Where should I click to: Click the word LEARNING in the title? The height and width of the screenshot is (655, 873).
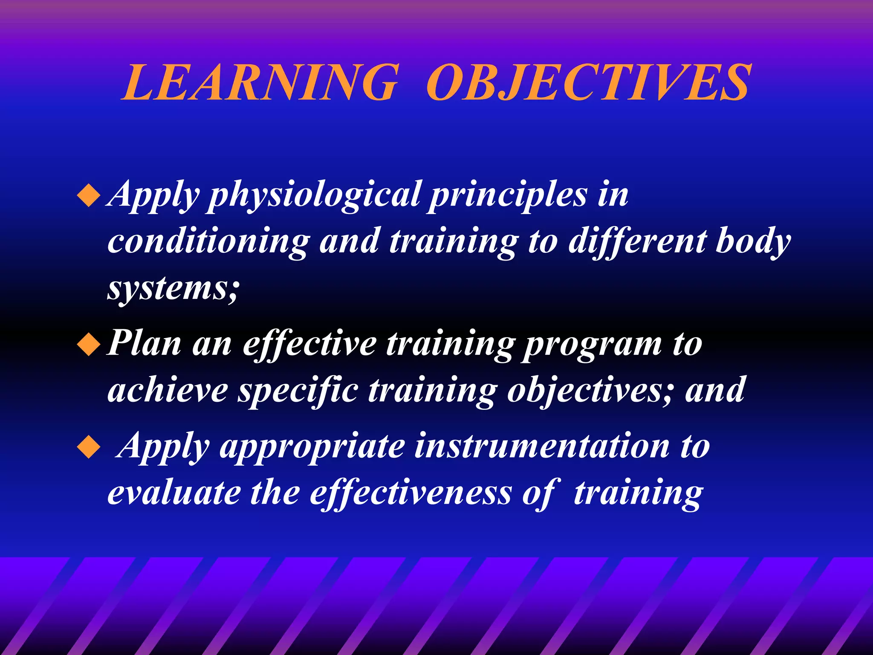[x=260, y=82]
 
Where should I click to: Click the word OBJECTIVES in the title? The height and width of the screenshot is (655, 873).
[x=588, y=82]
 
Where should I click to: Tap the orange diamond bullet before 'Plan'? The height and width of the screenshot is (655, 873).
[x=89, y=344]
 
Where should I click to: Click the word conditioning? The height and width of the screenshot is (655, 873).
[x=208, y=241]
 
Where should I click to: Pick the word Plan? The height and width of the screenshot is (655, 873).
[x=144, y=343]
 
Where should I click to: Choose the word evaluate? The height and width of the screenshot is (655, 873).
[x=173, y=493]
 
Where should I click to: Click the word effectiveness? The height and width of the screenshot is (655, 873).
[x=410, y=493]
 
